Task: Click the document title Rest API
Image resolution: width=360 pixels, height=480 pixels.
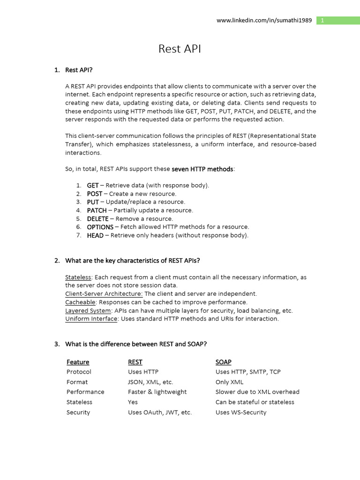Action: point(180,49)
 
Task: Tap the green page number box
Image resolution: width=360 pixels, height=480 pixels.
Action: point(338,21)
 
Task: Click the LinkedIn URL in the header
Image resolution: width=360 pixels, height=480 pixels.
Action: point(263,21)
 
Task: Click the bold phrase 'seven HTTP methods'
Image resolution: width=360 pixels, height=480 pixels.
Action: point(202,169)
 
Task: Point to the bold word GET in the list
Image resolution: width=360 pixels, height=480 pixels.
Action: point(93,185)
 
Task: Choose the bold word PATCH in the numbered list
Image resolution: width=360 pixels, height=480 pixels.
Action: point(97,210)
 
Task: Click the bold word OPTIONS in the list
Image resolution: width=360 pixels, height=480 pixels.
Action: point(100,227)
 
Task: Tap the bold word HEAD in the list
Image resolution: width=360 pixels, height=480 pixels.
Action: point(95,235)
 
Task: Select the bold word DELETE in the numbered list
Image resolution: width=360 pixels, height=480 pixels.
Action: point(97,218)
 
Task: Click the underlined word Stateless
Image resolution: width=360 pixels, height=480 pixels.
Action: point(78,277)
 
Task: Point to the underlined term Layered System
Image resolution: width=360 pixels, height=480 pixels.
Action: point(88,310)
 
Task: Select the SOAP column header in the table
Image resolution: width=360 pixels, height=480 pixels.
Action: point(223,362)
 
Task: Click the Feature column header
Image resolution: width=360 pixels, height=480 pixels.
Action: point(78,362)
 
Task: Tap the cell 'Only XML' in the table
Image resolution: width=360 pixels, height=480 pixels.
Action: point(229,382)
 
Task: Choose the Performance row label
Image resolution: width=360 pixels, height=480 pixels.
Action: point(85,392)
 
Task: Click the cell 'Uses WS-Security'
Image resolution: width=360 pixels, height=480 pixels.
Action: point(240,412)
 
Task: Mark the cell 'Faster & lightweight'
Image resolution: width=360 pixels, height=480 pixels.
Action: point(157,392)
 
